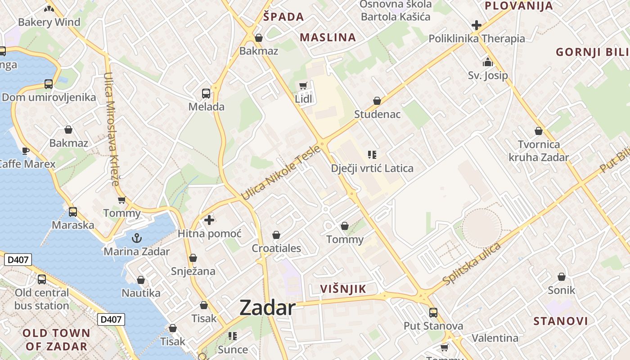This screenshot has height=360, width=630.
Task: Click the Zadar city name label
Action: [x=267, y=308]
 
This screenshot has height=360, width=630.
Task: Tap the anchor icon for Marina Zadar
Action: [x=136, y=238]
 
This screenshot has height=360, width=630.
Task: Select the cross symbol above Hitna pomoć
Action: [x=209, y=220]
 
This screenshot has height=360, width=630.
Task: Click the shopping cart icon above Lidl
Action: [x=303, y=85]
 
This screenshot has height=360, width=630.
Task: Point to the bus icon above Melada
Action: [x=206, y=94]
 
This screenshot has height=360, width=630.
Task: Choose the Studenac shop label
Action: [x=377, y=114]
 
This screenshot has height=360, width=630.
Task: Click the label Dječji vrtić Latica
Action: [x=372, y=168]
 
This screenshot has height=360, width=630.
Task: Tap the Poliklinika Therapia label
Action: [x=477, y=39]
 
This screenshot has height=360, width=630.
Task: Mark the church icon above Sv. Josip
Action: [x=488, y=63]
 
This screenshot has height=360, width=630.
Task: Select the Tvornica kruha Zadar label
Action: [x=539, y=151]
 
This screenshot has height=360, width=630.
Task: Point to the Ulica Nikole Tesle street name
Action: [x=281, y=173]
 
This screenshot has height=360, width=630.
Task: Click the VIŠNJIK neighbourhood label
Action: [x=343, y=289]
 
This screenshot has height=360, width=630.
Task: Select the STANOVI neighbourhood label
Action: [x=561, y=321]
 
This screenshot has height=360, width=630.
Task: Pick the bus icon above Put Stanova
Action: [x=433, y=312]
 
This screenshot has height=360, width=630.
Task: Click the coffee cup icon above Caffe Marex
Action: [x=26, y=151]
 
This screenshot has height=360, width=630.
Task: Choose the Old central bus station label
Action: [x=42, y=299]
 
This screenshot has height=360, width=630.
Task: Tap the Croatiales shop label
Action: [x=276, y=248]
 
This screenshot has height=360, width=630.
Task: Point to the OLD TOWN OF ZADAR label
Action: [x=56, y=340]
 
